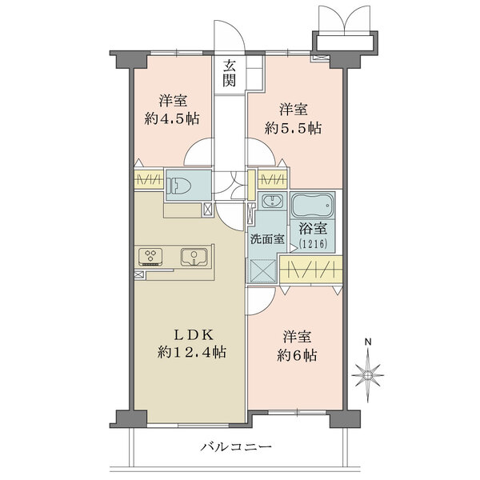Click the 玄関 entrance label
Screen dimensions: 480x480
click(230, 73)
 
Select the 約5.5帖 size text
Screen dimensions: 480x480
click(294, 126)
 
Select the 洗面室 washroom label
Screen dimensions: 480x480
click(266, 238)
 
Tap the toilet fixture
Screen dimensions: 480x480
click(181, 186)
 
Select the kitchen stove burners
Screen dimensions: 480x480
click(150, 257)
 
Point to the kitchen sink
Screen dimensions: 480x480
click(193, 257)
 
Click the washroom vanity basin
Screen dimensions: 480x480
click(272, 201)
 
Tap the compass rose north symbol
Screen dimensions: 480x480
click(368, 374)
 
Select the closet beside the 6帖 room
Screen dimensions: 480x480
click(310, 269)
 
